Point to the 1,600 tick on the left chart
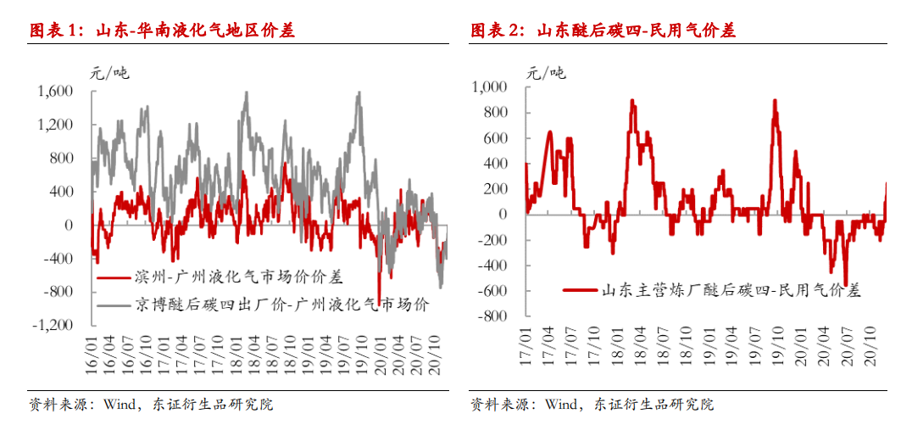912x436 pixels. (56, 92)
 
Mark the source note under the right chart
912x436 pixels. (592, 405)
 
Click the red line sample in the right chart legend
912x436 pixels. (576, 290)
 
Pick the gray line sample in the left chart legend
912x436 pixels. (114, 303)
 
